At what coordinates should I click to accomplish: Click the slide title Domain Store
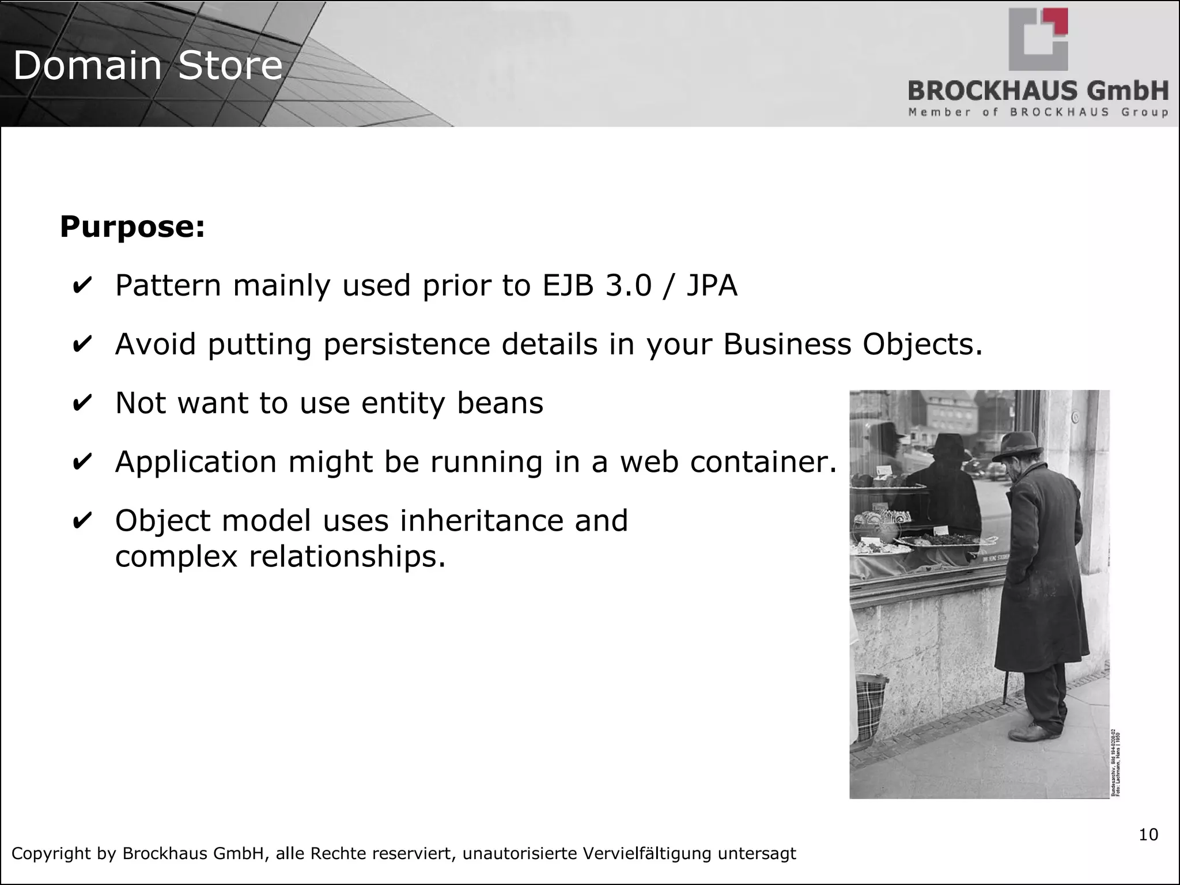tap(147, 65)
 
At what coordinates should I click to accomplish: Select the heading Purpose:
tap(133, 226)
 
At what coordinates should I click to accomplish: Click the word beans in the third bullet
tap(500, 403)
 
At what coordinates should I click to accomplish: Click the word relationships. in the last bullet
tap(347, 557)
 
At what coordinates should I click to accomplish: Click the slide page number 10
tap(1148, 835)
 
